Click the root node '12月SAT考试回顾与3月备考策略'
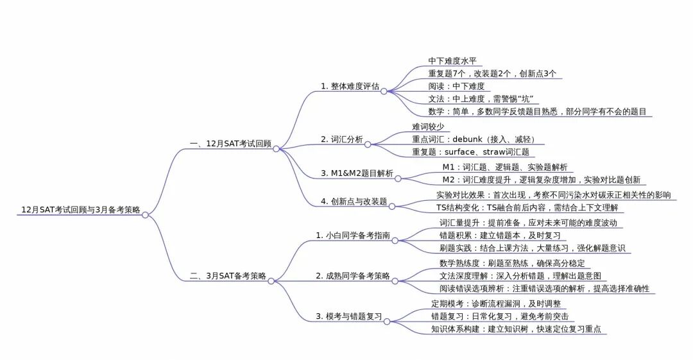[x=81, y=210]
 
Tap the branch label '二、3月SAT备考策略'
[x=228, y=276]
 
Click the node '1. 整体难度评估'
[x=350, y=86]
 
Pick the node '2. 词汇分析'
[x=341, y=139]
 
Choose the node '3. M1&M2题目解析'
[x=357, y=174]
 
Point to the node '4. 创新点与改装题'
[x=354, y=201]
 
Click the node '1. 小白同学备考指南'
[x=352, y=236]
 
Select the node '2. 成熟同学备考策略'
[x=352, y=276]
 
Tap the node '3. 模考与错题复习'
[x=348, y=316]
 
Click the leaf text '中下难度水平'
[x=453, y=61]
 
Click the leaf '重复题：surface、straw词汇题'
[x=470, y=152]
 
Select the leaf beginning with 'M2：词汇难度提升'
[x=545, y=180]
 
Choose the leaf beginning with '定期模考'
[x=495, y=304]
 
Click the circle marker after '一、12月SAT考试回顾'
[x=276, y=149]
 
